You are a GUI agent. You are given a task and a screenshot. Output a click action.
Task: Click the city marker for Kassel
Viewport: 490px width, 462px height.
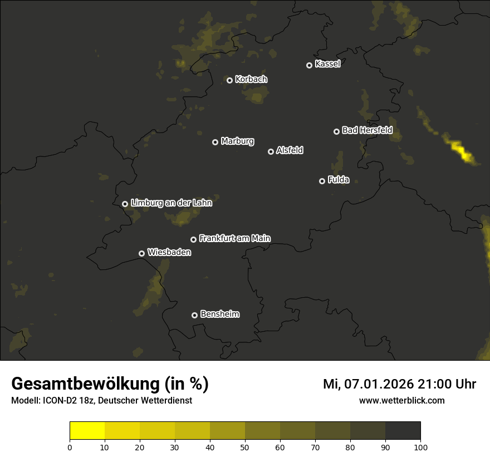pos(309,65)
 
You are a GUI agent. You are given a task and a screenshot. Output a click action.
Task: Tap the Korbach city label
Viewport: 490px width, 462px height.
pos(251,79)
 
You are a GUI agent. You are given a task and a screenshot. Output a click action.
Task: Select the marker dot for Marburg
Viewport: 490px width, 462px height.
pos(215,142)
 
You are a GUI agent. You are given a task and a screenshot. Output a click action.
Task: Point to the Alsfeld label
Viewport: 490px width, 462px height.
pos(290,150)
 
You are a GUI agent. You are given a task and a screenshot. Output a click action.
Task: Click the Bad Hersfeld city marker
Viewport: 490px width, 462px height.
pos(336,131)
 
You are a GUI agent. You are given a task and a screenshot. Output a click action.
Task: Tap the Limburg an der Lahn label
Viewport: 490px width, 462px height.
pos(171,203)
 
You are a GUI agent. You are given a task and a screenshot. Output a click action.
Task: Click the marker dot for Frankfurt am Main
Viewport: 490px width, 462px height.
pos(193,239)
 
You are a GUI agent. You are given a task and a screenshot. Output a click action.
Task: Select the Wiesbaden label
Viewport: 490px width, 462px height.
pos(169,252)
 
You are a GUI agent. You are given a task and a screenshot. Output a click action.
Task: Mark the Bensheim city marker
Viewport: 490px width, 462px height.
pos(194,315)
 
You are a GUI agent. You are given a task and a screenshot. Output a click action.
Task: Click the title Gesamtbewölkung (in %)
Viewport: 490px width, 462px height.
pos(110,384)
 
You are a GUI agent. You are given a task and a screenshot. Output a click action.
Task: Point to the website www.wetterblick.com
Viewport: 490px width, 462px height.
pos(402,400)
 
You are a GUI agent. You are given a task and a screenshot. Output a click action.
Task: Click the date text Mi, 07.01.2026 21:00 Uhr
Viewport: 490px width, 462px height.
pos(399,384)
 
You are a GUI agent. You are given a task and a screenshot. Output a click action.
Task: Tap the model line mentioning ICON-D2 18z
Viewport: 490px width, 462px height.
pos(101,400)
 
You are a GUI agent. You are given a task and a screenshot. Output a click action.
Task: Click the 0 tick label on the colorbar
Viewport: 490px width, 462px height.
pos(70,447)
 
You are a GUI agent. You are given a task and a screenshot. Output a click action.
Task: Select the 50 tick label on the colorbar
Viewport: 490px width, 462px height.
pos(245,447)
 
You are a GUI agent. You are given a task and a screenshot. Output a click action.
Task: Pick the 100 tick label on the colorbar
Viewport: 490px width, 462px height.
pos(420,447)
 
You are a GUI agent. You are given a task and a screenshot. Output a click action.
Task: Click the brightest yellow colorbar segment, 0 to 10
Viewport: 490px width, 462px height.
pos(87,431)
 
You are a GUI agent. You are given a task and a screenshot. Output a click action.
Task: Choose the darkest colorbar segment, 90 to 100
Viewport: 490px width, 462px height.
pos(403,431)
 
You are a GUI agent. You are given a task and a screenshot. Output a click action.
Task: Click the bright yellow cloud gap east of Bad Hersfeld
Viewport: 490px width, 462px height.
pos(462,150)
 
